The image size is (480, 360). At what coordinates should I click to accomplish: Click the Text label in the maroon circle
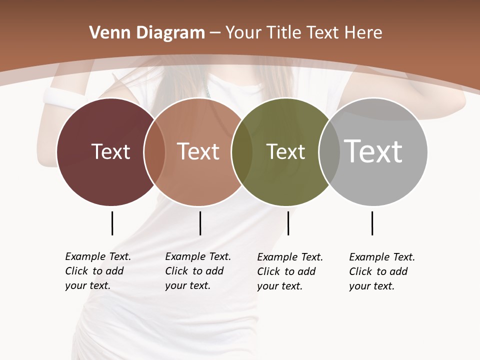[x=110, y=151]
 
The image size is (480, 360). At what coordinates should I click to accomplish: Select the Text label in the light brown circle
[x=198, y=151]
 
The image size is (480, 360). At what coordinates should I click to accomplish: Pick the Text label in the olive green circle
[x=285, y=152]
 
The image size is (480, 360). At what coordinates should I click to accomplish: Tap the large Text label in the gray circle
[x=373, y=151]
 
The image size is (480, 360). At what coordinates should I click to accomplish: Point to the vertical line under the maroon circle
[x=112, y=223]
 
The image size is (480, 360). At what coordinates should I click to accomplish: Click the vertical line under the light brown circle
[x=200, y=223]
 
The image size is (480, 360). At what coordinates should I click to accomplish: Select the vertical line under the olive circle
[x=288, y=223]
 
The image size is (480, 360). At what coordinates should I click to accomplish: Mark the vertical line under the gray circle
[x=372, y=223]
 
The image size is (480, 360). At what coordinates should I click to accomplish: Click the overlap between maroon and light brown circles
[x=154, y=151]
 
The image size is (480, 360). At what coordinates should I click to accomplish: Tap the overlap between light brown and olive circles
[x=242, y=151]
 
